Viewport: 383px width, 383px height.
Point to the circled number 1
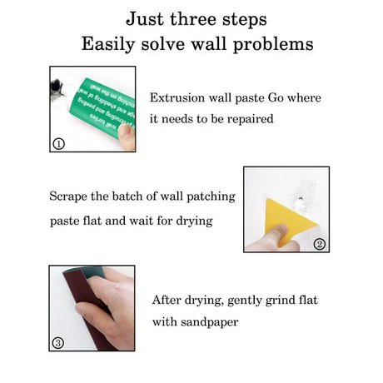pos(58,143)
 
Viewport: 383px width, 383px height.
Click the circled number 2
pos(319,243)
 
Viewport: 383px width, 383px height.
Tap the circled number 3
pos(58,342)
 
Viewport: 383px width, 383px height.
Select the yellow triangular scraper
pos(286,219)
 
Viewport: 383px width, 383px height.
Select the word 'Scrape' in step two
pos(71,197)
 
